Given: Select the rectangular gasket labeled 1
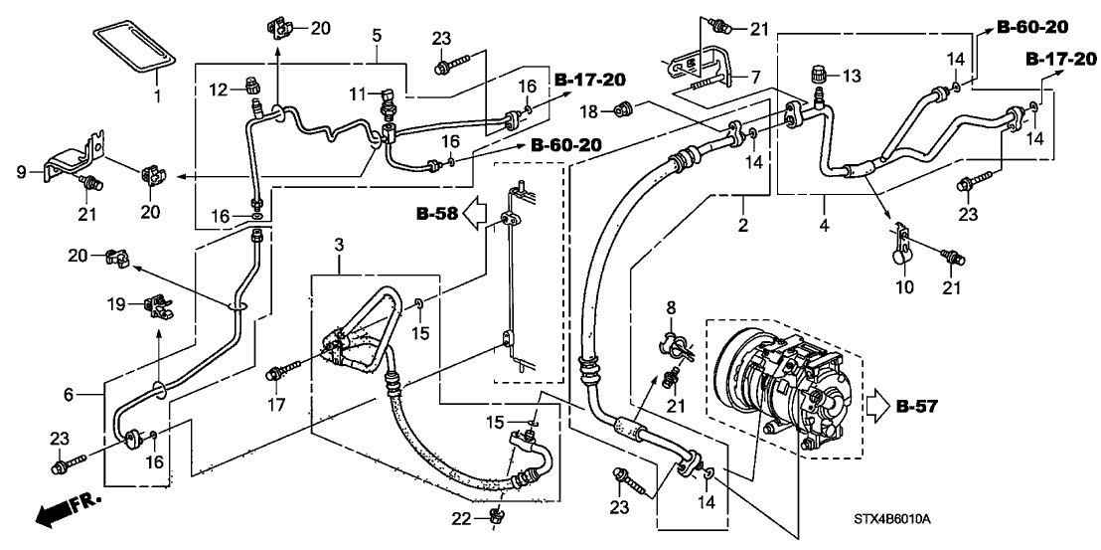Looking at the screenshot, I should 135,49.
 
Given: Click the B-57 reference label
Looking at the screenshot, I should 917,406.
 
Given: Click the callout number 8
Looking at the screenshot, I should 669,308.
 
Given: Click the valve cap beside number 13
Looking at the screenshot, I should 821,74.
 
